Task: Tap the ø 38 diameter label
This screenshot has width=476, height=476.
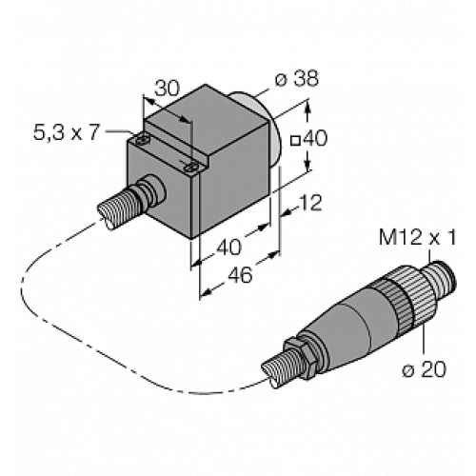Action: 298,81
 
